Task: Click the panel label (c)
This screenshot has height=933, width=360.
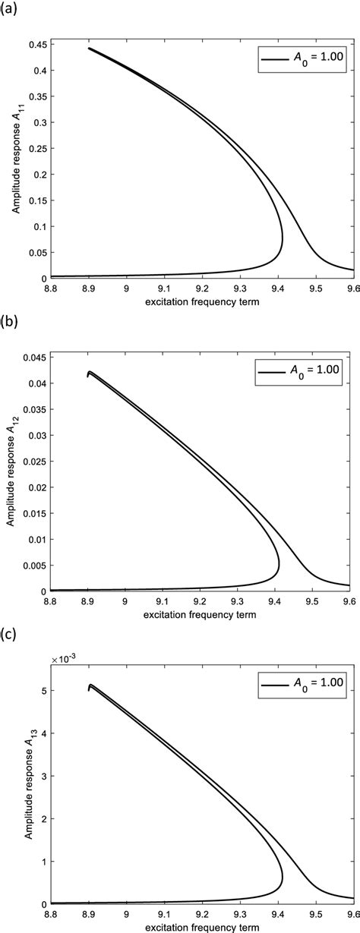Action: pyautogui.click(x=10, y=633)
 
